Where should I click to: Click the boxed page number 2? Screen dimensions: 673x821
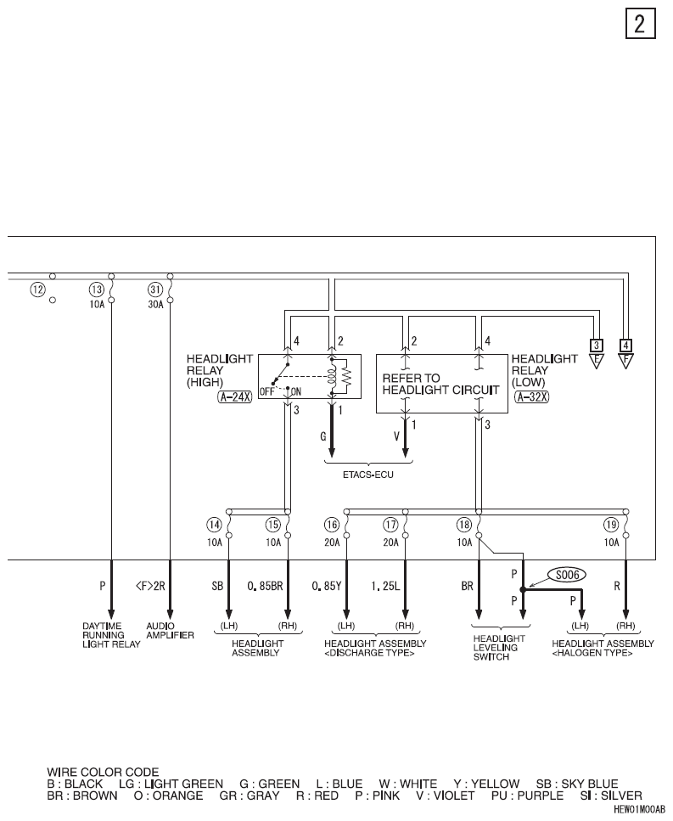tap(640, 24)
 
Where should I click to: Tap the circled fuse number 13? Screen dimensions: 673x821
tap(97, 289)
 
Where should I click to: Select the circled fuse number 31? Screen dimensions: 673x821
tap(155, 289)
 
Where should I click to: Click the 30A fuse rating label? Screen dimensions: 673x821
tap(155, 304)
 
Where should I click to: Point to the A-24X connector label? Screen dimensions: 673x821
tap(234, 396)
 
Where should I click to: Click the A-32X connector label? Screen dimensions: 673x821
tap(532, 396)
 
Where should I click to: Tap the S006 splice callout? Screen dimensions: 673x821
tap(567, 575)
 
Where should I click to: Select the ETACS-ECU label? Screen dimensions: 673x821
tap(367, 475)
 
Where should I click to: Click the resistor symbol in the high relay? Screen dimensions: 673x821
tap(346, 376)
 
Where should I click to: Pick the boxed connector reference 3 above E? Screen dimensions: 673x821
tap(596, 346)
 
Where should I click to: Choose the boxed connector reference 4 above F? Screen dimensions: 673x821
tap(625, 346)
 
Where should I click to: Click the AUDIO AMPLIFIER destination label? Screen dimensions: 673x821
tap(170, 631)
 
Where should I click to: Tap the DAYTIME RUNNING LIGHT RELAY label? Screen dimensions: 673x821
tap(111, 635)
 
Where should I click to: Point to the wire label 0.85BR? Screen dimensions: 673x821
tap(265, 587)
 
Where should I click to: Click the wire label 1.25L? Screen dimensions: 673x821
tap(385, 587)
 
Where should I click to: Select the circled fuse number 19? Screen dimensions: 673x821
tap(611, 525)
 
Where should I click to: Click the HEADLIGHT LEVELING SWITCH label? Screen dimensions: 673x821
tap(499, 648)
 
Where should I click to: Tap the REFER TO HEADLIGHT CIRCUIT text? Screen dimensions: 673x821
tap(440, 384)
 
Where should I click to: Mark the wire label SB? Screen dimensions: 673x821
tap(217, 587)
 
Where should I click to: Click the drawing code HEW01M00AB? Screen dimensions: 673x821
tap(639, 809)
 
